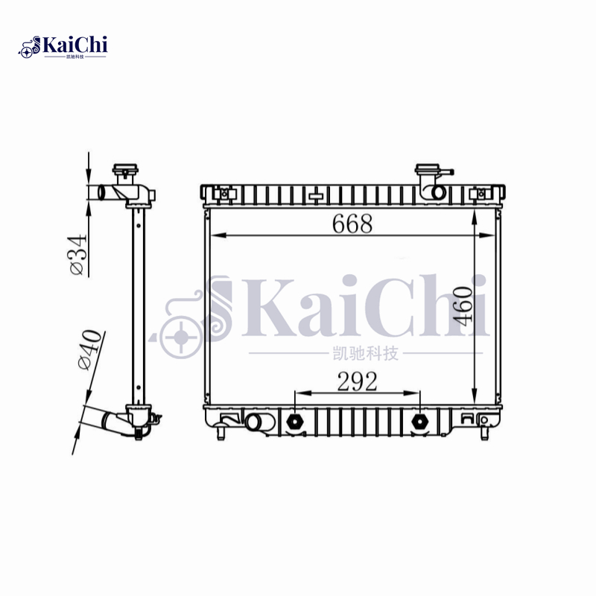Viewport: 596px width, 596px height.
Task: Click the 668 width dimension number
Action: [x=352, y=223]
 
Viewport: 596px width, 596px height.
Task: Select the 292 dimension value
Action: [x=357, y=381]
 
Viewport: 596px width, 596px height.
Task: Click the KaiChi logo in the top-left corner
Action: [x=63, y=46]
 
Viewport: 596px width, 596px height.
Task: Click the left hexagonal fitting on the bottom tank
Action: [x=295, y=422]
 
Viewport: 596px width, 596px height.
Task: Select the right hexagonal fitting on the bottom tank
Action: [x=420, y=422]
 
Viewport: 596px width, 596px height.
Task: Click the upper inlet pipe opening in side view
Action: [x=98, y=191]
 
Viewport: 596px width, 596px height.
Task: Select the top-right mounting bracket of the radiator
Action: [x=481, y=194]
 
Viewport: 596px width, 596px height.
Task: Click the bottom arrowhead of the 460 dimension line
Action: [x=475, y=400]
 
